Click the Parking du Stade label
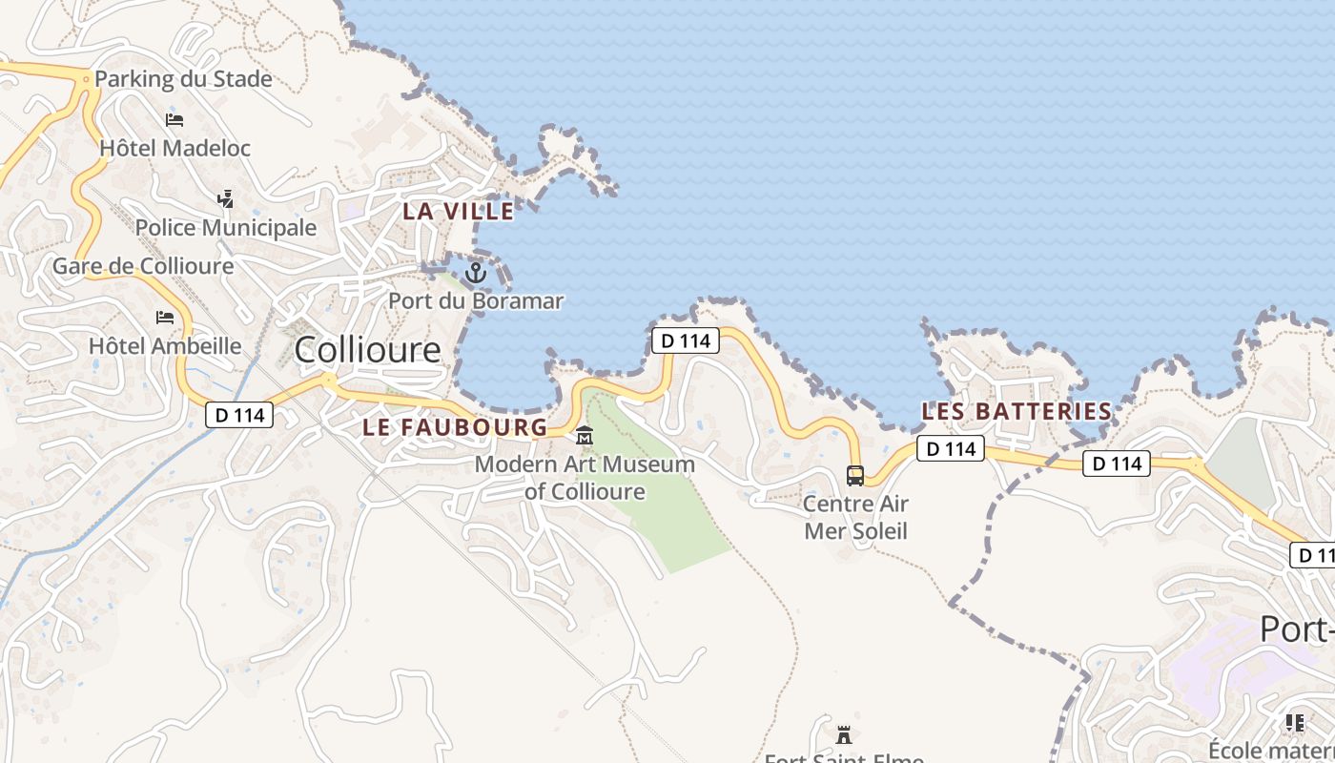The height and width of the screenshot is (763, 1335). click(183, 79)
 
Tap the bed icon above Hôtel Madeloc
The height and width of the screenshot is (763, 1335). click(175, 120)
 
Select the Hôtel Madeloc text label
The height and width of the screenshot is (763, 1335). click(175, 148)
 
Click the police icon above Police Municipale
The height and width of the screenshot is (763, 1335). click(226, 199)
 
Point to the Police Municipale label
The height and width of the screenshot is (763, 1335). click(225, 228)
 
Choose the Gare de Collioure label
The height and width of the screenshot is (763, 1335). click(143, 266)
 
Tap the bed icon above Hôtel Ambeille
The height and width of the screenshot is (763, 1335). click(165, 318)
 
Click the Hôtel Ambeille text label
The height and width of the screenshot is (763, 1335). click(165, 345)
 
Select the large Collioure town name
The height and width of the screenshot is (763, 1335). click(367, 350)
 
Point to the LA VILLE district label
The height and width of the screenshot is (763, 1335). click(458, 212)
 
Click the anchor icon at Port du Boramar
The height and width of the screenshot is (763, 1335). click(475, 274)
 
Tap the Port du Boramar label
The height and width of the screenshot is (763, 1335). click(475, 301)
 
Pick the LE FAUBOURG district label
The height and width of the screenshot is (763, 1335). click(455, 427)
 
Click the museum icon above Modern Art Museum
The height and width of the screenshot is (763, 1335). click(585, 436)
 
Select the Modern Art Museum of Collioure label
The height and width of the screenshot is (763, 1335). click(585, 478)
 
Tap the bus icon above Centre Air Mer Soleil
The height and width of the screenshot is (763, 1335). click(855, 475)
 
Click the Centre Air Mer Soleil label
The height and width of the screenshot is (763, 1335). click(855, 517)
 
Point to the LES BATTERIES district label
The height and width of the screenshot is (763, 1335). click(1017, 412)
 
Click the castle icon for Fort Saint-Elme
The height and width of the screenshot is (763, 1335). click(844, 734)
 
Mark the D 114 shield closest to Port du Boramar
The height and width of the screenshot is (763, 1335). click(685, 340)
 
